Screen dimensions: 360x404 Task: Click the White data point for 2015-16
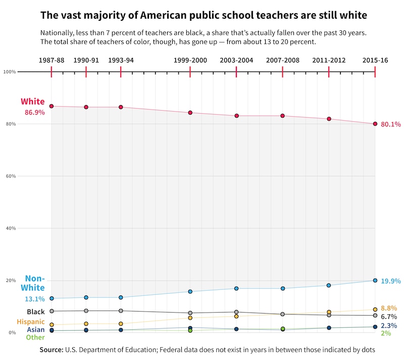pyautogui.click(x=375, y=124)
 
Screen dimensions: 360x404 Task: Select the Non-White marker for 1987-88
pyautogui.click(x=52, y=298)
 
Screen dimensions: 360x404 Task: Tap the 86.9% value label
pyautogui.click(x=35, y=113)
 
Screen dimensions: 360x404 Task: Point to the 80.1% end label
pyautogui.click(x=391, y=124)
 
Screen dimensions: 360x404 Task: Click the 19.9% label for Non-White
pyautogui.click(x=391, y=281)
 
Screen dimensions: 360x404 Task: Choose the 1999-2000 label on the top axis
pyautogui.click(x=190, y=60)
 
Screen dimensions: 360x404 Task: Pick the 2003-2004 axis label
pyautogui.click(x=236, y=60)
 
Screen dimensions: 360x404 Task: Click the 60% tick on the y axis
pyautogui.click(x=10, y=176)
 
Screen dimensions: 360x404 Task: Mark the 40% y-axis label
pyautogui.click(x=10, y=228)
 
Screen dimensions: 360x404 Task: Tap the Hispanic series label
pyautogui.click(x=30, y=322)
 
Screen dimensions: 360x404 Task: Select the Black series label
pyautogui.click(x=36, y=312)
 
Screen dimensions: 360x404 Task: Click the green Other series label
pyautogui.click(x=35, y=337)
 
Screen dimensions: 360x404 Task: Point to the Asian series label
pyautogui.click(x=36, y=330)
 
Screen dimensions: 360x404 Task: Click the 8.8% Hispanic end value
pyautogui.click(x=389, y=308)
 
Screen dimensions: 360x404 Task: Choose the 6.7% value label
pyautogui.click(x=389, y=317)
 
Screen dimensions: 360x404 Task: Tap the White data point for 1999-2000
pyautogui.click(x=190, y=113)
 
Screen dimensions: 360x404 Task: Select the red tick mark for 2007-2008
pyautogui.click(x=282, y=72)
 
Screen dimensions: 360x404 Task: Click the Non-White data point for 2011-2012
pyautogui.click(x=329, y=285)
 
